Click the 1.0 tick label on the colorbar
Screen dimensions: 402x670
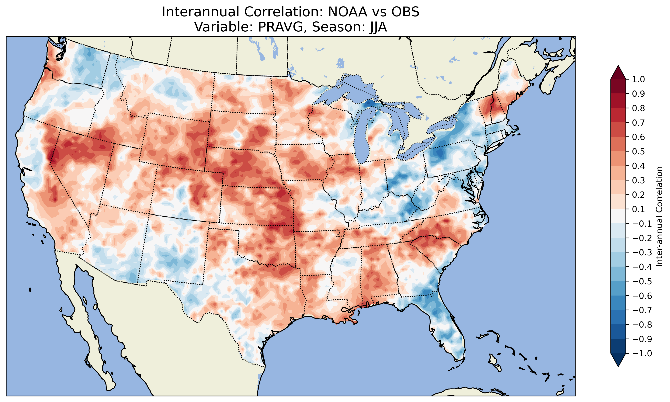(639, 79)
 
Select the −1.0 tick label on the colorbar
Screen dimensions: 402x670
(642, 353)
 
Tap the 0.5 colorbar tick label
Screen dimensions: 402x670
(639, 151)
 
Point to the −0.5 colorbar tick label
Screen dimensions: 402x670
(642, 281)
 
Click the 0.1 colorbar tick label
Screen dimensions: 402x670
(639, 209)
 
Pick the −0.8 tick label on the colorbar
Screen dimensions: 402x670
(642, 324)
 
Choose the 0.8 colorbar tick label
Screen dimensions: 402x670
(639, 108)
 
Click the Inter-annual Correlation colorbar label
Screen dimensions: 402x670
(659, 216)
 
